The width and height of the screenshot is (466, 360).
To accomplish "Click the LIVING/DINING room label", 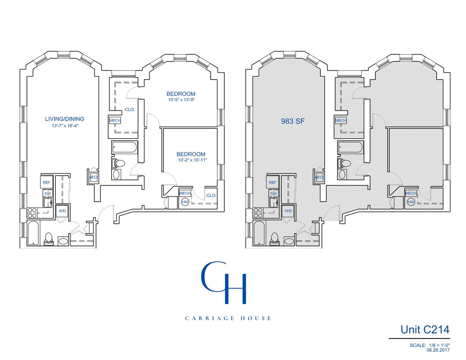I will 65,119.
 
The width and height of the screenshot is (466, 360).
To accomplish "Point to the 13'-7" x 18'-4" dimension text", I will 65,126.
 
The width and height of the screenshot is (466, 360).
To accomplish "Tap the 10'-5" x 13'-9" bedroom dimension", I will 181,100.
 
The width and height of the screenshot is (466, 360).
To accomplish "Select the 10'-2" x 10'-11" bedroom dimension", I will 192,160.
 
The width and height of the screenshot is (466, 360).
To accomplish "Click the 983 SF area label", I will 293,121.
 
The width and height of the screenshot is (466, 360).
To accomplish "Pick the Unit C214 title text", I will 425,330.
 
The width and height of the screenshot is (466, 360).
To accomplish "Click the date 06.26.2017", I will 438,350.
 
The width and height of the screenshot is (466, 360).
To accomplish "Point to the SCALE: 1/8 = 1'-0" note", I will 430,345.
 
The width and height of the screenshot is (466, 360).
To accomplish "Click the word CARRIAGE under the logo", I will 210,318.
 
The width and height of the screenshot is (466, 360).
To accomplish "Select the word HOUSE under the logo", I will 256,318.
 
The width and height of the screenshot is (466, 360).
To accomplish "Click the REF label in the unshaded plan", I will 47,183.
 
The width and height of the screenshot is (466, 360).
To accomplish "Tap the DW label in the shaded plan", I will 274,194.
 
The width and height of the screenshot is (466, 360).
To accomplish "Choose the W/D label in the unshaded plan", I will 62,211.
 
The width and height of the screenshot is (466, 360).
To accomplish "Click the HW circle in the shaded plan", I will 411,202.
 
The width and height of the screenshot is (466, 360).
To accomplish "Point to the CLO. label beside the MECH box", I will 130,110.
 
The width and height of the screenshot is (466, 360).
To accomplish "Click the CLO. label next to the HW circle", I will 211,196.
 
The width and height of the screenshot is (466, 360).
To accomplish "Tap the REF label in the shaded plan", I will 273,183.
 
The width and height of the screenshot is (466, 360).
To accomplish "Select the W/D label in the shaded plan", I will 288,211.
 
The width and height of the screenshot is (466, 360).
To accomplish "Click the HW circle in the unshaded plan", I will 185,202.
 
